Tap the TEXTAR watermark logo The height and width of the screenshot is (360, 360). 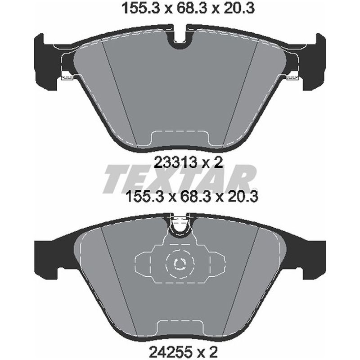pos(180,179)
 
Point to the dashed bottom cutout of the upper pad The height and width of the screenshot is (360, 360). pos(180,138)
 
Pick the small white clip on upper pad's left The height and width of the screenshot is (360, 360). pos(68,78)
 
